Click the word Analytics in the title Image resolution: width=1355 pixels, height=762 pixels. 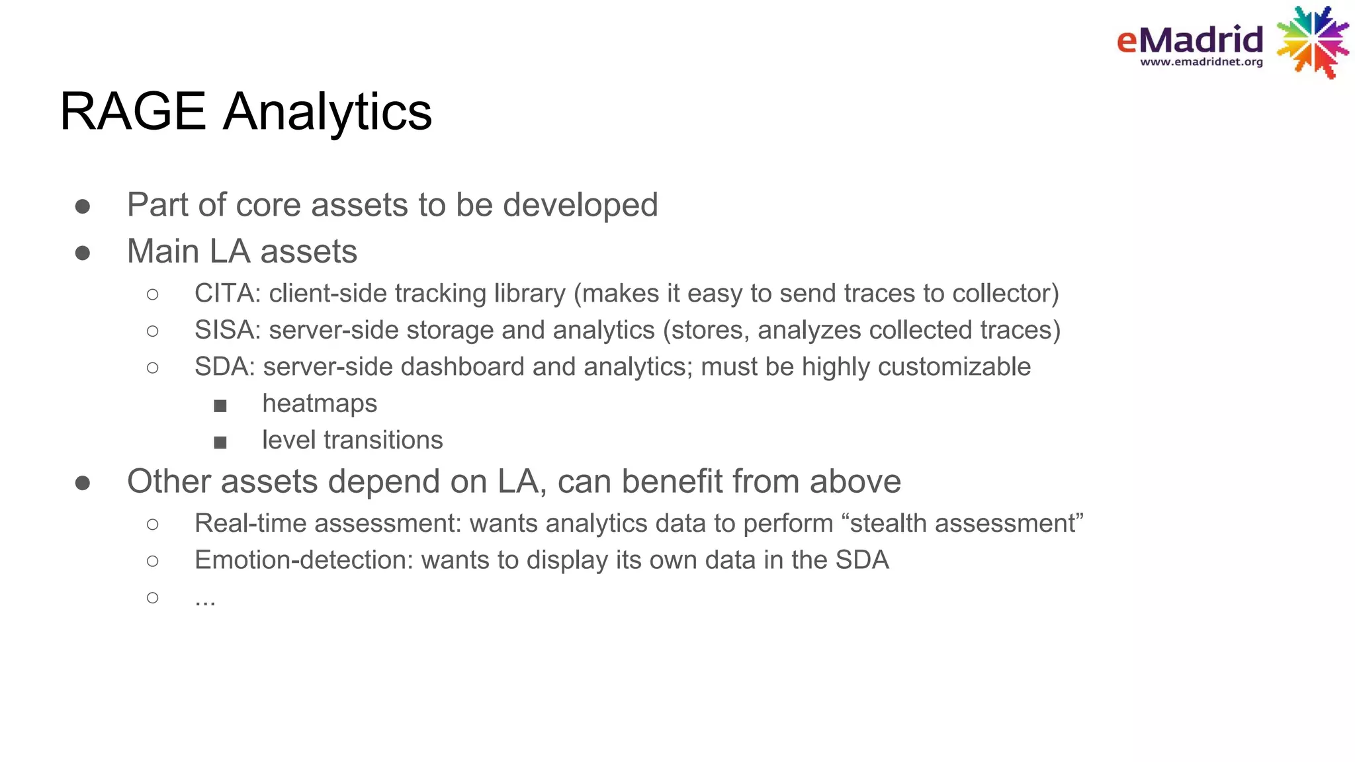328,112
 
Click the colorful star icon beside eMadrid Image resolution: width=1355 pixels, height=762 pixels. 1313,42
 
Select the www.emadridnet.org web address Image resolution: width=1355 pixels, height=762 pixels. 1201,62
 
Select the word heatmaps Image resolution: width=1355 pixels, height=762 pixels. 320,403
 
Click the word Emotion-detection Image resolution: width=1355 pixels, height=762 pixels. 304,560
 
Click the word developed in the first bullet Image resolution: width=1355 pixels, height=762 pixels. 580,205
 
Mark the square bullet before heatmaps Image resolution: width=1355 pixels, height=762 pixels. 220,405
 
